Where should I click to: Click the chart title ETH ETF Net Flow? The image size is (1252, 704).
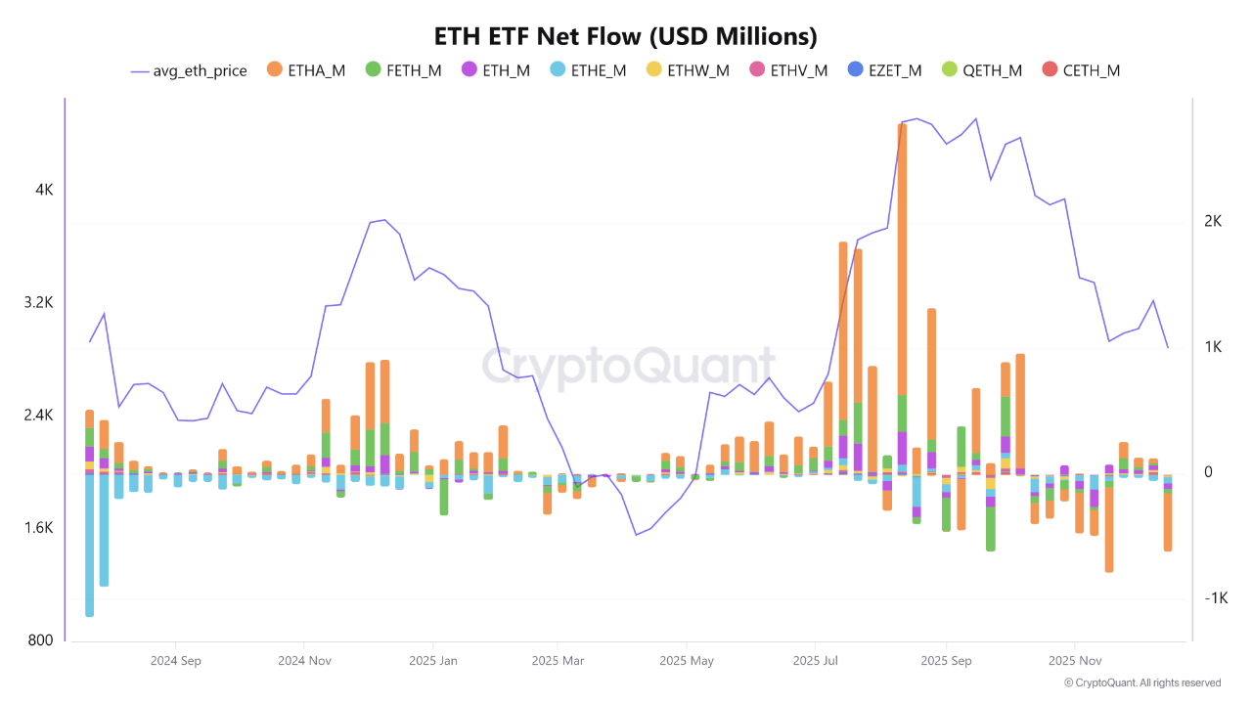tap(626, 36)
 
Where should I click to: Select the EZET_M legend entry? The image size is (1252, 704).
tap(885, 70)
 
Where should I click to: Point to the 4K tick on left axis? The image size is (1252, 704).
tap(44, 190)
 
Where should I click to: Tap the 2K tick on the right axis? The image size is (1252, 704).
tap(1213, 222)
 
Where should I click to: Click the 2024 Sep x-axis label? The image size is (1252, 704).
tap(176, 661)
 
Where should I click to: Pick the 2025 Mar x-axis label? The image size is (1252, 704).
tap(558, 661)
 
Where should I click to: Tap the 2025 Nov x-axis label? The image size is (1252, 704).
tap(1074, 661)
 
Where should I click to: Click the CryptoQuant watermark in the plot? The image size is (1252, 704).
tap(626, 367)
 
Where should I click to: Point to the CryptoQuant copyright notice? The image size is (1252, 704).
tap(1141, 682)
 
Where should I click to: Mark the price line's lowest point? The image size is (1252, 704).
tap(636, 535)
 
